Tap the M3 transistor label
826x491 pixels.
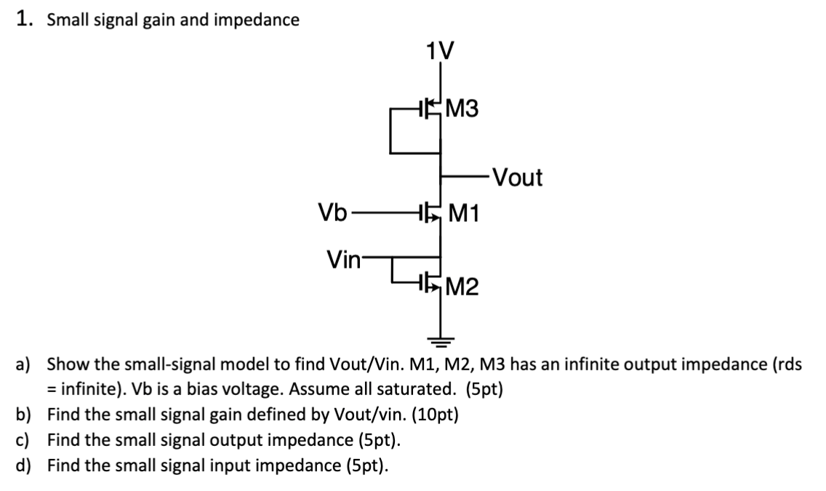point(462,110)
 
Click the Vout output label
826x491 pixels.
point(516,177)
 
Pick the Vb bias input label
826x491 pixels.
point(332,213)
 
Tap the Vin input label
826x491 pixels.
point(343,258)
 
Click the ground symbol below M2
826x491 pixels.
point(440,338)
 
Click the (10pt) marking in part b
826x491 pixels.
point(434,415)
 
